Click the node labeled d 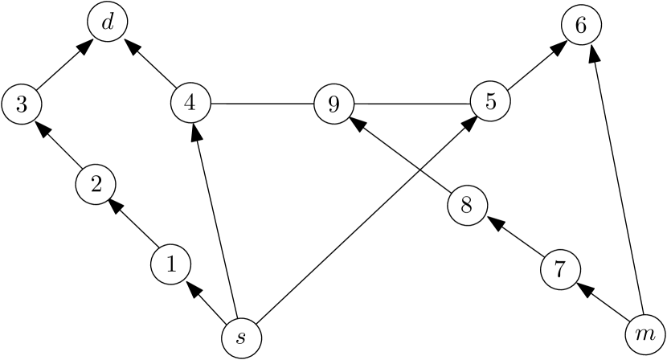(108, 23)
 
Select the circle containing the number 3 (22, 104)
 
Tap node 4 (190, 103)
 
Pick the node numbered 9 (333, 104)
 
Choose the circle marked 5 (490, 102)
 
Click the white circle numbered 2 (96, 185)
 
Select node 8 (467, 205)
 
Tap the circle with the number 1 (171, 264)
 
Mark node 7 (561, 269)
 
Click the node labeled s (240, 335)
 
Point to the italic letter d (108, 23)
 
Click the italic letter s (240, 335)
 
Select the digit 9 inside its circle (333, 104)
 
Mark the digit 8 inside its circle (467, 205)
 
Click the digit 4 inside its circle (190, 103)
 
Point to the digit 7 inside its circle (561, 269)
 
